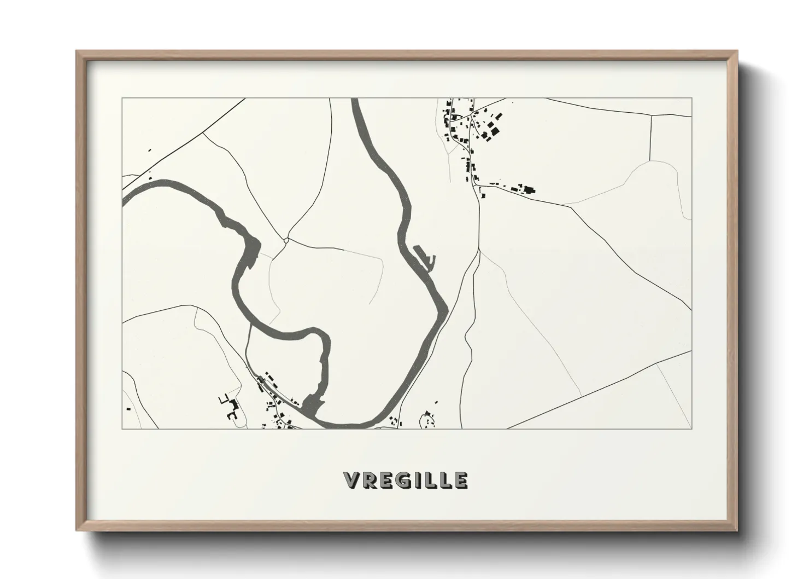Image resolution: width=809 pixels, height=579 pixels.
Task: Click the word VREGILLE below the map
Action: coord(406,480)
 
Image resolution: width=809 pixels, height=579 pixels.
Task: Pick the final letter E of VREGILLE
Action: coord(461,480)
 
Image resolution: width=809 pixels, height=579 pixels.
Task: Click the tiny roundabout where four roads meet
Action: coord(286,240)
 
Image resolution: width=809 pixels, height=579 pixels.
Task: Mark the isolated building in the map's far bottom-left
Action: coord(128,408)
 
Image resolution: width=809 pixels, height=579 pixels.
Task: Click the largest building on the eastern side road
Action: coord(529,190)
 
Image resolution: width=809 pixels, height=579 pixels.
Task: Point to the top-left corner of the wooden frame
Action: coord(77,51)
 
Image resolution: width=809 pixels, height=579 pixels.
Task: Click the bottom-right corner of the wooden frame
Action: coord(737,530)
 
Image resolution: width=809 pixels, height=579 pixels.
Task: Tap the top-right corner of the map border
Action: coord(692,99)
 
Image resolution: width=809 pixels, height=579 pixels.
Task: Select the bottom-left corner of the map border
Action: coord(122,429)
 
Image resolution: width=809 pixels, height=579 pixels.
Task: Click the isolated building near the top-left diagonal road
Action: coord(149,149)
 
